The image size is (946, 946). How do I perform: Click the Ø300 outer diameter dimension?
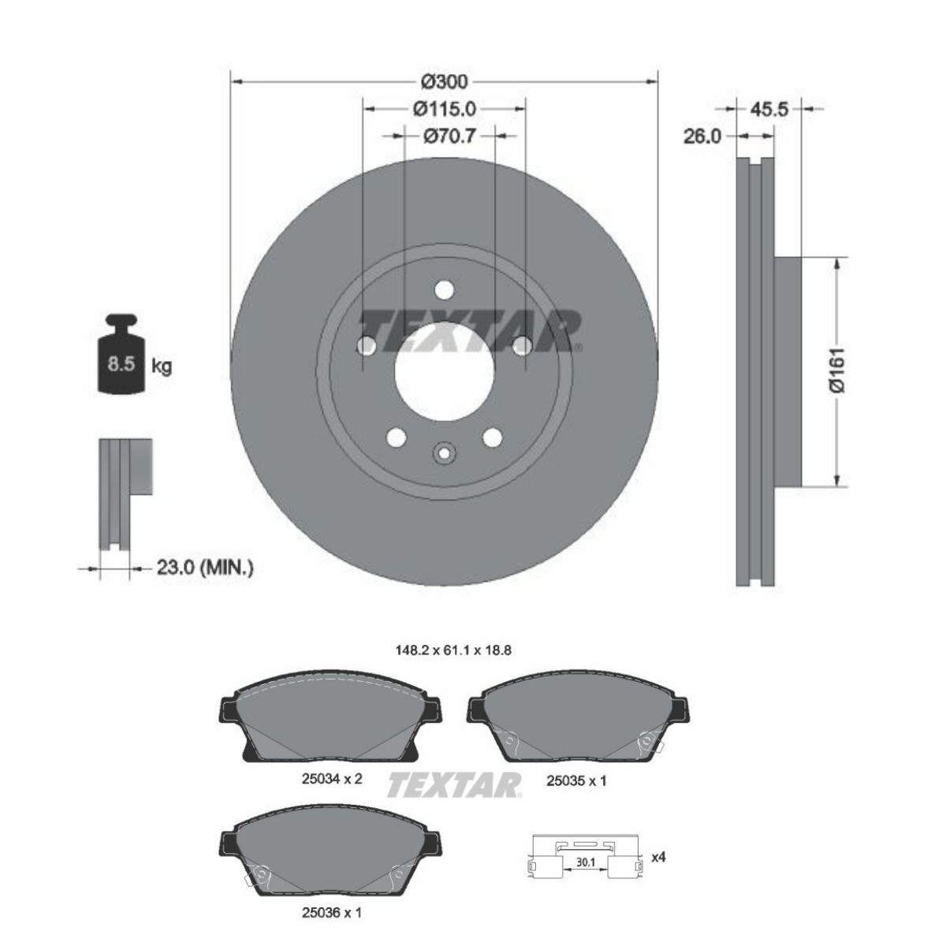445,81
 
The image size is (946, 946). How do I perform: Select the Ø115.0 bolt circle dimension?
445,109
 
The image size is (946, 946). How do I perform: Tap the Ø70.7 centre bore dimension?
449,136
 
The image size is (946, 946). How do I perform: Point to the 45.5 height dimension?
769,109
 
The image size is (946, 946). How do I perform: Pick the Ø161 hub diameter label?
836,370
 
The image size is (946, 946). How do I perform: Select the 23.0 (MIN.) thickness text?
205,567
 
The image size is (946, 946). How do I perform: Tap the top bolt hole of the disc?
445,290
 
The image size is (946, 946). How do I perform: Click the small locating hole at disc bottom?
444,454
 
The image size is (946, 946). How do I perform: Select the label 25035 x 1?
576,780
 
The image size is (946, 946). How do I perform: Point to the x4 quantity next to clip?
658,857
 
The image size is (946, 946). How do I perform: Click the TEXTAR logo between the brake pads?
453,784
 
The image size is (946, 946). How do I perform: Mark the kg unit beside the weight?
162,367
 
